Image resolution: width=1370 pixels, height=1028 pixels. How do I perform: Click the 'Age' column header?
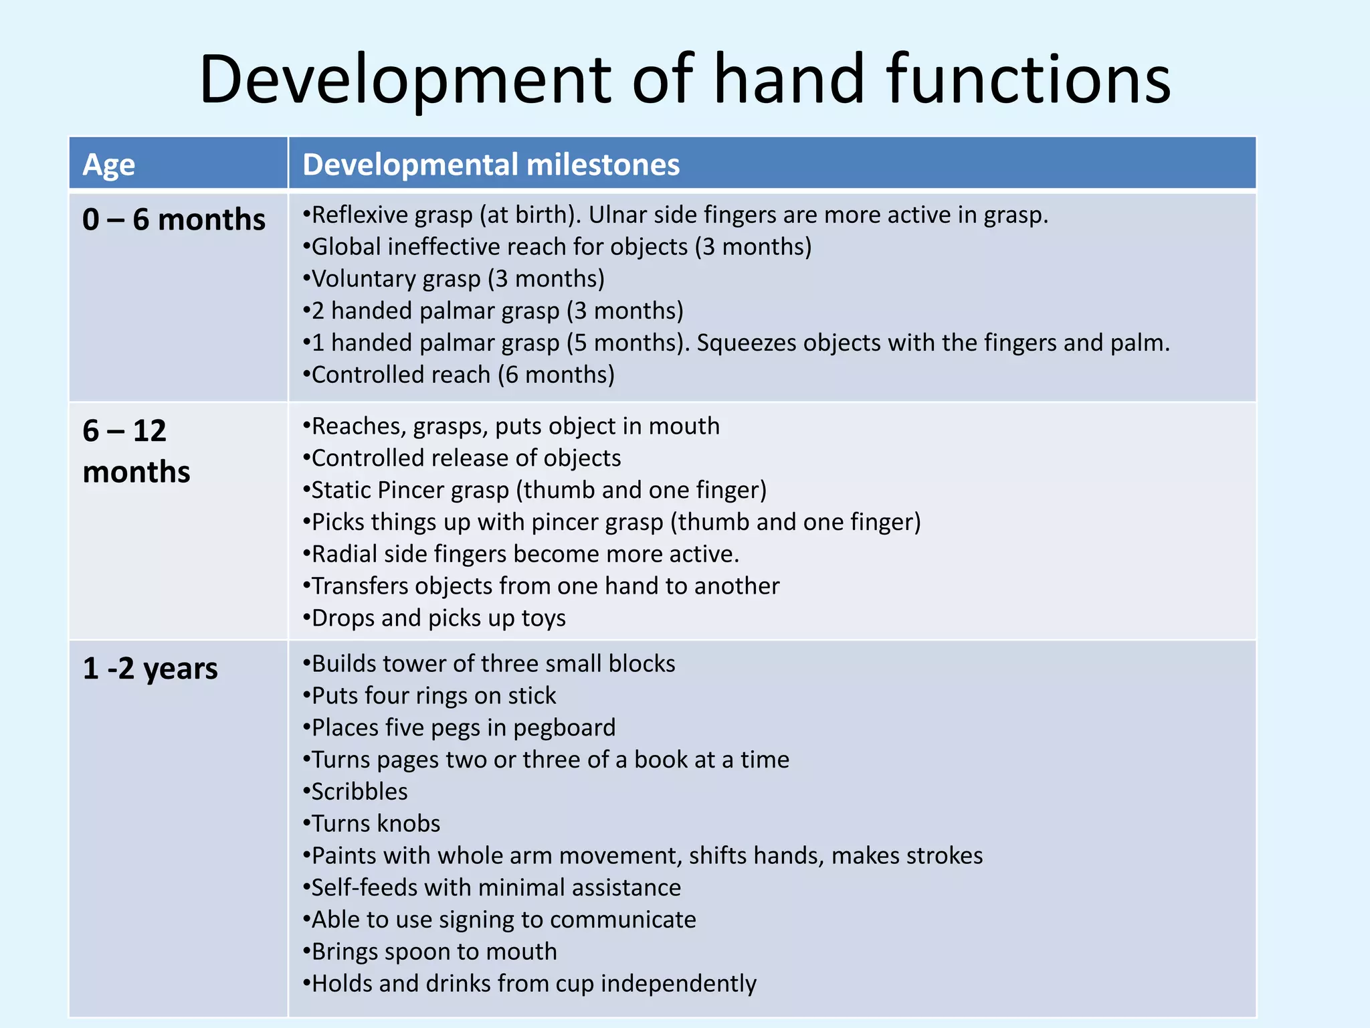108,165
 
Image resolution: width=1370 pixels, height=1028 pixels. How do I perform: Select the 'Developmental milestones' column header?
491,165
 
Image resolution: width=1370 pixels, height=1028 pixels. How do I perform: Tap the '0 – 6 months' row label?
174,220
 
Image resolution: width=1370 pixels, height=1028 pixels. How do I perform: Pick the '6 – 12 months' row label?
136,451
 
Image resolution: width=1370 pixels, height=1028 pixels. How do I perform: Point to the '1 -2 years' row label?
151,669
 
